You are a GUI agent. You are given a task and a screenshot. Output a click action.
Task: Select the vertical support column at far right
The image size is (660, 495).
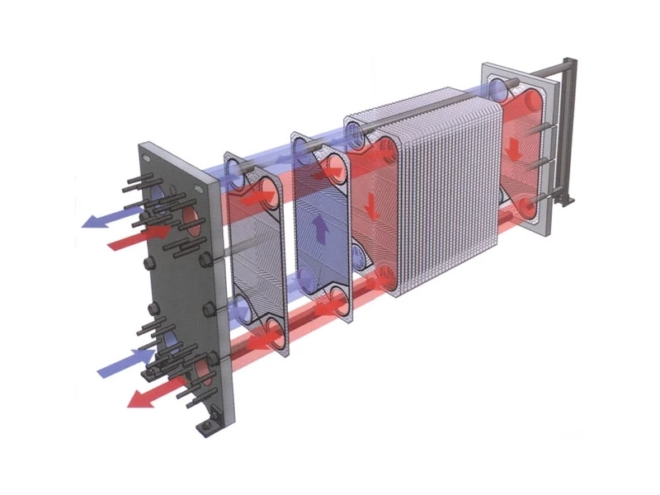coord(568,132)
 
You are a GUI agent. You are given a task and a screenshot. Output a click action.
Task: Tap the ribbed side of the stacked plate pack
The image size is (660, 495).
coord(445,198)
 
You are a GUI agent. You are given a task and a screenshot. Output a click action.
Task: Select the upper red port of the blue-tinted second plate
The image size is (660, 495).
coord(337,168)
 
